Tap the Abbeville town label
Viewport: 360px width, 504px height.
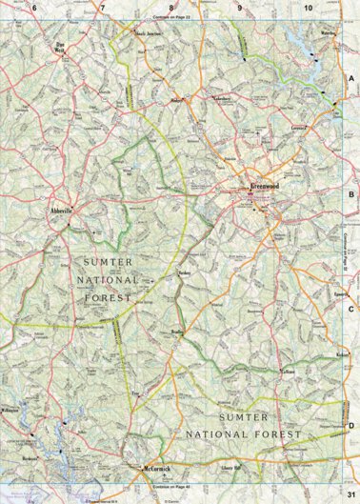point(64,212)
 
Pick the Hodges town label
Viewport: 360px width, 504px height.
point(175,98)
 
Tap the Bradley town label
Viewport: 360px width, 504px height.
point(177,333)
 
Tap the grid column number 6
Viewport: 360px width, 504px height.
point(34,8)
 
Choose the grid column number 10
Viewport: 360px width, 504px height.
point(308,8)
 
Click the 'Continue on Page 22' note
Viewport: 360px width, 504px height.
point(171,18)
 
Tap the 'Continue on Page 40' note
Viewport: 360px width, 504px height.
point(171,487)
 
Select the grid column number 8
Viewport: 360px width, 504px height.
point(170,8)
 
